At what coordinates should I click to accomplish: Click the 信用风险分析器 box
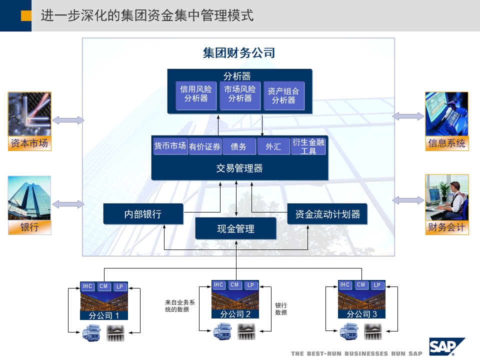[x=196, y=94]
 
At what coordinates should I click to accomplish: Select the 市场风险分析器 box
[x=240, y=94]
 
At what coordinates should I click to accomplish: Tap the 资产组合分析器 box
[x=283, y=95]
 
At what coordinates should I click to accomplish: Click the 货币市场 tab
[x=170, y=146]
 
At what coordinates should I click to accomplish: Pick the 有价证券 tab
[x=204, y=146]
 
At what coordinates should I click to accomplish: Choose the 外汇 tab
[x=273, y=146]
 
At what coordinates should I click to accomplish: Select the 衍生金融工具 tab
[x=308, y=146]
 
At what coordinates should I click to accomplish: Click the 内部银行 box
[x=143, y=214]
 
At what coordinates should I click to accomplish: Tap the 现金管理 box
[x=235, y=228]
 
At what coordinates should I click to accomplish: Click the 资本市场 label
[x=29, y=144]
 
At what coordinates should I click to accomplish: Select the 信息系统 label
[x=446, y=144]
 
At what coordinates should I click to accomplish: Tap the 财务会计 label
[x=446, y=228]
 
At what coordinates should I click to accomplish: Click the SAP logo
[x=446, y=346]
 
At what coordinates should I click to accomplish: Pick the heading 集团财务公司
[x=239, y=53]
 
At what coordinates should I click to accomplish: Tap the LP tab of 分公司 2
[x=251, y=285]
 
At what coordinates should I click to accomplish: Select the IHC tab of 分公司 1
[x=87, y=286]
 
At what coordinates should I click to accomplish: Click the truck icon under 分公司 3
[x=348, y=331]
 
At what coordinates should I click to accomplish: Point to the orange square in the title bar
[x=26, y=16]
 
